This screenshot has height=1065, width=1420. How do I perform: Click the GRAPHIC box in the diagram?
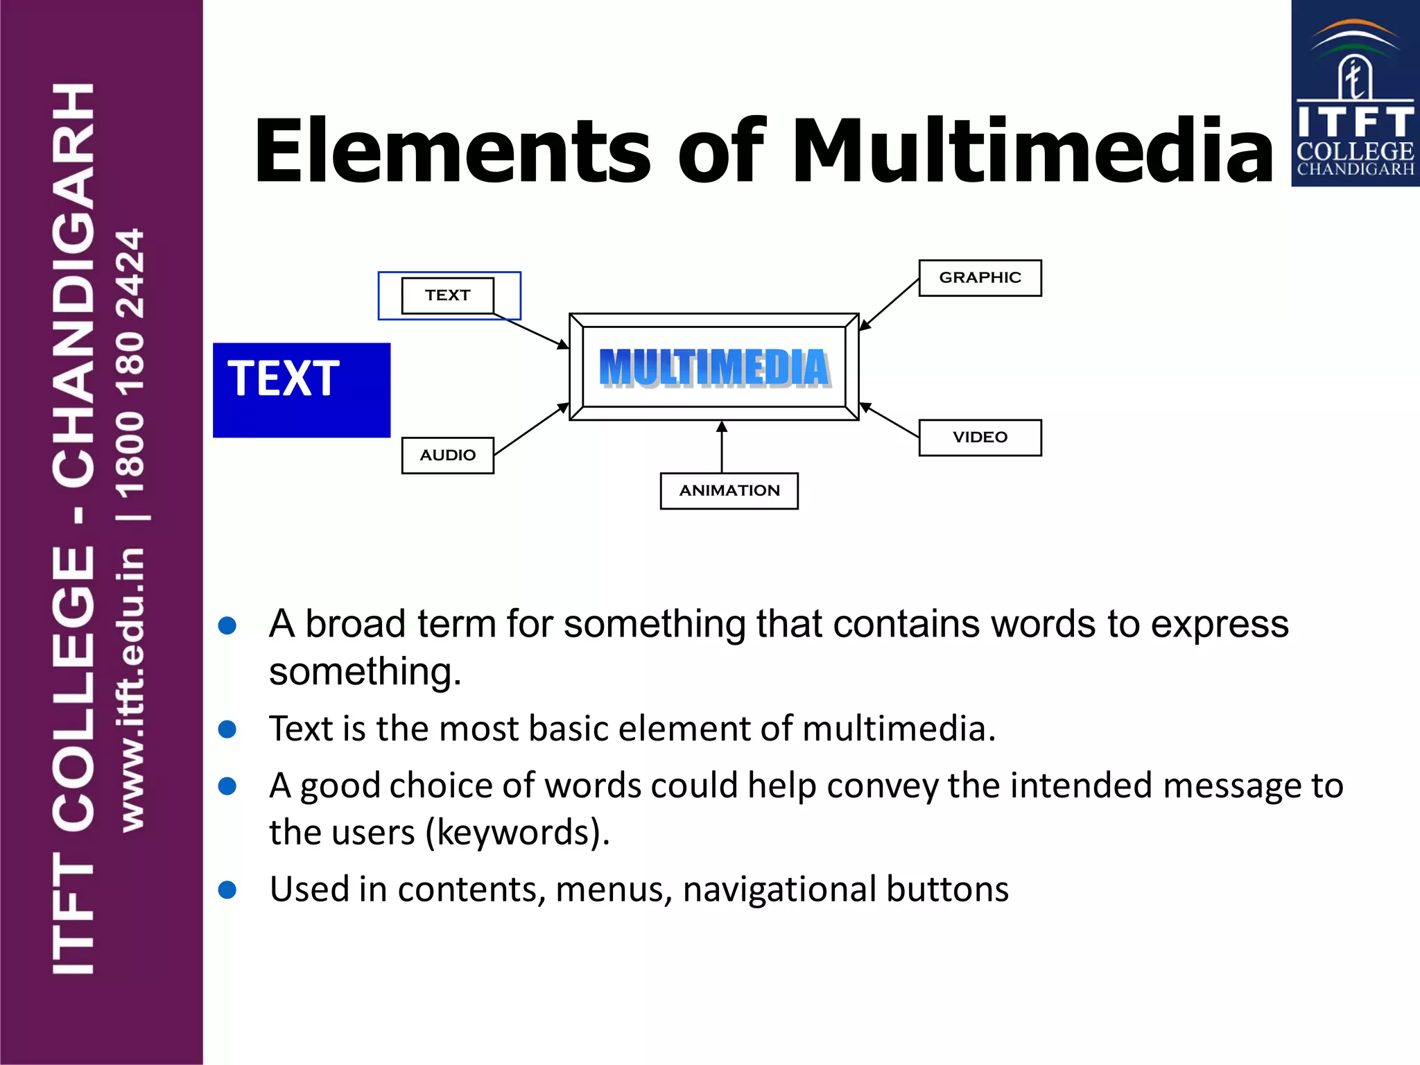[980, 278]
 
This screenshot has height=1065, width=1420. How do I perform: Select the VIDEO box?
[980, 438]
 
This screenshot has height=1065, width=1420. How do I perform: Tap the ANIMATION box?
[729, 491]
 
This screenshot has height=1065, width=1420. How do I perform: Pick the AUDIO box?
[447, 456]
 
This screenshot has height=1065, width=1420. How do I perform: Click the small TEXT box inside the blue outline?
[447, 295]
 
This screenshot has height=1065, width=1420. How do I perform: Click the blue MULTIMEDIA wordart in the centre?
[714, 367]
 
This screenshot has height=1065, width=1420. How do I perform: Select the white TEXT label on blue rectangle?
[284, 379]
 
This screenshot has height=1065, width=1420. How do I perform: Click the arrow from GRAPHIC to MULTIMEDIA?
[890, 304]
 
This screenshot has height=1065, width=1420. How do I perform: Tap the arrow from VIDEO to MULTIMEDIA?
[890, 420]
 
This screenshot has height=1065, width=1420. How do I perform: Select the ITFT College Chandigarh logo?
[1355, 94]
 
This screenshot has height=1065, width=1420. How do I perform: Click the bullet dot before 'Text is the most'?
[227, 729]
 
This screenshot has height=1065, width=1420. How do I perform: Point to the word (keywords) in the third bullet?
[517, 832]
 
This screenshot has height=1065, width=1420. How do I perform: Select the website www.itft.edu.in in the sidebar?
[132, 690]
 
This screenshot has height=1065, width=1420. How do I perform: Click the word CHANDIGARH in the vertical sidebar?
[73, 284]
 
